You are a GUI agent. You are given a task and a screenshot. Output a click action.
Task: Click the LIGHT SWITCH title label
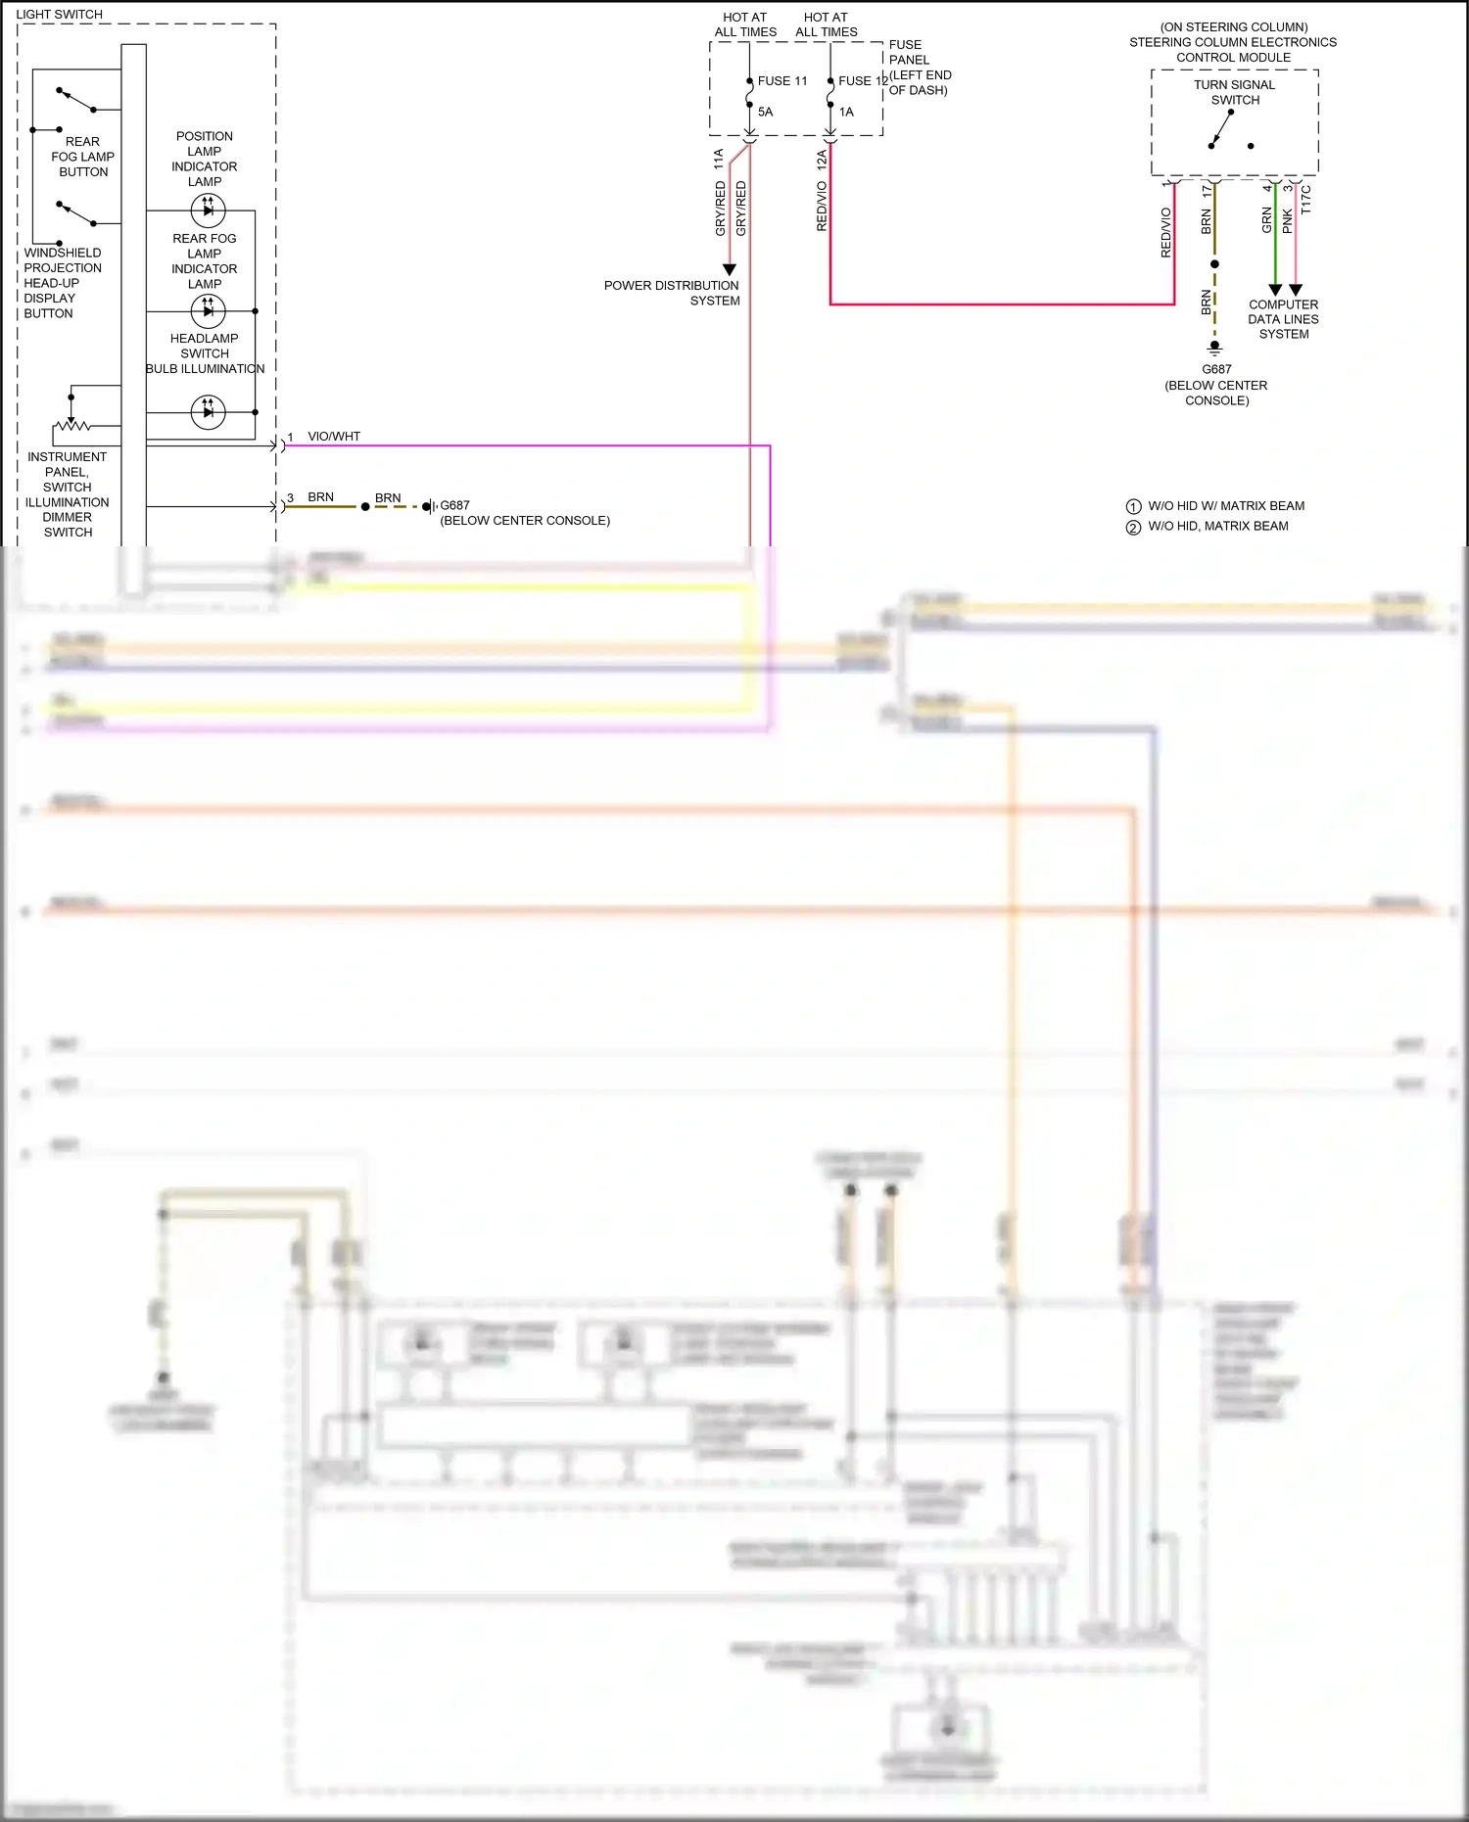[59, 15]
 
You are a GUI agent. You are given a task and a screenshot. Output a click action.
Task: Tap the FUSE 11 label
[782, 81]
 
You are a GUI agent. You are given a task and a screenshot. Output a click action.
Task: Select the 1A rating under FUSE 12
[846, 112]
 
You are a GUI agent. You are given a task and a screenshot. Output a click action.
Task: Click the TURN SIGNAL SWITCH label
[1234, 92]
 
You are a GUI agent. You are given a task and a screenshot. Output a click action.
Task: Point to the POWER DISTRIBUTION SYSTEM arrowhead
[729, 269]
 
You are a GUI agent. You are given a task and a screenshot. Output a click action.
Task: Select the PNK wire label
[1288, 221]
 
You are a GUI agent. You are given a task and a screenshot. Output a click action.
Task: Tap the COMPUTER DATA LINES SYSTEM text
[1283, 319]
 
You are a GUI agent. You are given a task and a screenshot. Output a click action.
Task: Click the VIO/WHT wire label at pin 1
[334, 437]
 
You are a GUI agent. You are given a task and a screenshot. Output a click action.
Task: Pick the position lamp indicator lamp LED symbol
[208, 210]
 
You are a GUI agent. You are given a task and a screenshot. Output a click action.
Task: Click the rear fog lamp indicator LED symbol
[208, 311]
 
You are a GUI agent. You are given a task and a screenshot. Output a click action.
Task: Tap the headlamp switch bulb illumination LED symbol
[208, 412]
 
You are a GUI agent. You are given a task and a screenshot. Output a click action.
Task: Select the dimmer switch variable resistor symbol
[71, 426]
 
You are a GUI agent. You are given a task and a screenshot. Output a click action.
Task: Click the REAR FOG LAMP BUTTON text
[83, 157]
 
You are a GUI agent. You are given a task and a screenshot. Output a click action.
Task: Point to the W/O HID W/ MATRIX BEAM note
[1226, 506]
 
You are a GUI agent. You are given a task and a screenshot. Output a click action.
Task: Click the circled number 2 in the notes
[1133, 527]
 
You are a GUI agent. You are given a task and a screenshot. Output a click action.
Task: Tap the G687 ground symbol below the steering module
[1214, 347]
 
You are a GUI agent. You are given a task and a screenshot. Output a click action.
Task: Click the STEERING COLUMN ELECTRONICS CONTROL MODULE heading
[1233, 42]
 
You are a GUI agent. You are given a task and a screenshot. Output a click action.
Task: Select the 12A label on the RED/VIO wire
[822, 160]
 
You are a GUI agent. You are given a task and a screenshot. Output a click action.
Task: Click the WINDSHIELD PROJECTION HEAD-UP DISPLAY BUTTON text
[62, 283]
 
